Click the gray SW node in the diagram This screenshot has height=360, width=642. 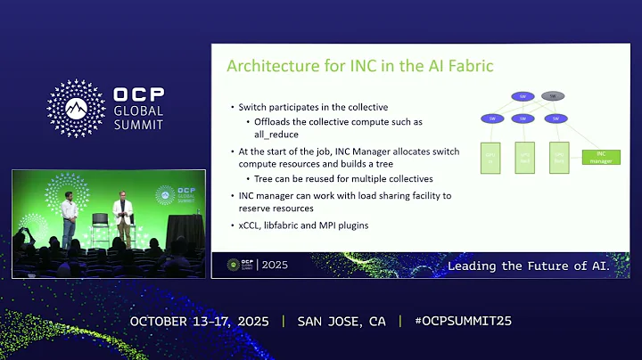tap(554, 96)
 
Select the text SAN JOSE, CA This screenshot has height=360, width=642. tap(342, 321)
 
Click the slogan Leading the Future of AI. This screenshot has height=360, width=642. tap(528, 266)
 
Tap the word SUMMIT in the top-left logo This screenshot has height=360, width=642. tap(138, 124)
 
